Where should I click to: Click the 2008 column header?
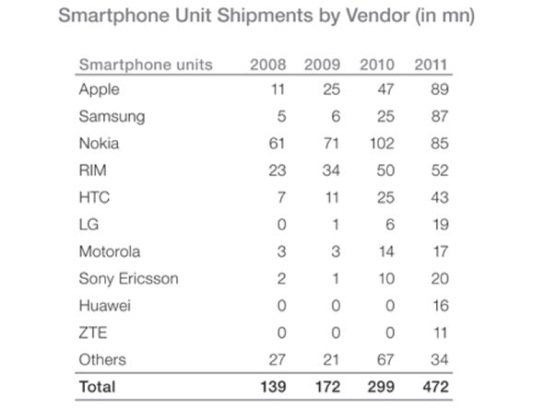click(268, 64)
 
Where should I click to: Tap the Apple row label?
click(99, 90)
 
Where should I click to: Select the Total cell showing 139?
click(269, 388)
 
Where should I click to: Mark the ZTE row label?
click(92, 332)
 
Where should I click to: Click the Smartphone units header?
click(146, 64)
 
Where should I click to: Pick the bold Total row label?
click(98, 388)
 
